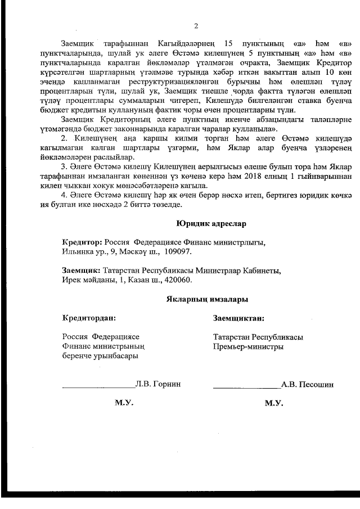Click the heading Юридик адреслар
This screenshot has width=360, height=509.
coord(211,223)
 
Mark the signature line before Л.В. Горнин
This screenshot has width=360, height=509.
coord(98,388)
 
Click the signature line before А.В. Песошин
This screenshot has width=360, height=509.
coord(246,388)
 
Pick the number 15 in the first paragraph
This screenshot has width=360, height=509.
coord(228,43)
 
